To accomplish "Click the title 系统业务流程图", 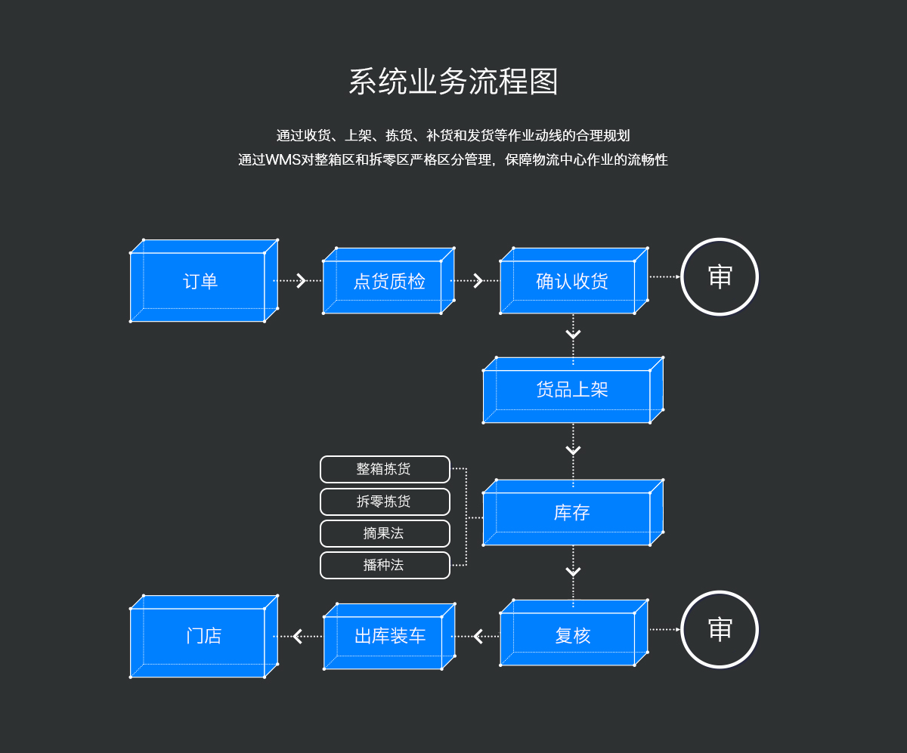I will [x=453, y=82].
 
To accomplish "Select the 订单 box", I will [x=200, y=282].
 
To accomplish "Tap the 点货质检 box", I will [x=388, y=282].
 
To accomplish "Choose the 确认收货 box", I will [x=571, y=282].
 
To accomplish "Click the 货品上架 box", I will [x=571, y=390].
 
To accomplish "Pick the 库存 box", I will [x=571, y=514].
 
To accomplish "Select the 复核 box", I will [x=571, y=636].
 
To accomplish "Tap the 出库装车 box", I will [x=389, y=636].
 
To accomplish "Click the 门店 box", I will [x=203, y=637].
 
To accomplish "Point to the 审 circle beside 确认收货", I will [x=720, y=276].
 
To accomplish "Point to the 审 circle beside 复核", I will [x=720, y=629].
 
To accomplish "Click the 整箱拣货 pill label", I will [x=385, y=469].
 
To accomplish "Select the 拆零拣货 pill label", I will [x=385, y=501].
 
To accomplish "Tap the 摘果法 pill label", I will [x=385, y=533].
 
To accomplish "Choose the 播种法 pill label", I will [x=385, y=565].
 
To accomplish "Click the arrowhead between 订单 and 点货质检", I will [x=301, y=281].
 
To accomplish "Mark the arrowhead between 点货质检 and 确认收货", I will [x=478, y=281].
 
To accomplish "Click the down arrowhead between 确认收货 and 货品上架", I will [x=573, y=334].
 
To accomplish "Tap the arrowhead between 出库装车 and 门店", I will [x=297, y=637].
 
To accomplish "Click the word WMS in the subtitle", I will [x=283, y=160].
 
